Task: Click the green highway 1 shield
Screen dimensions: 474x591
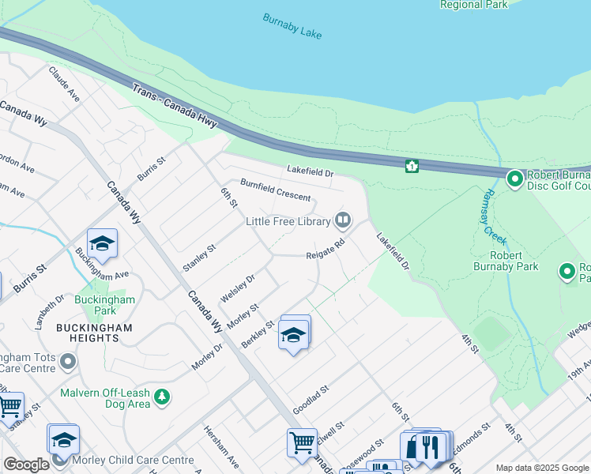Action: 412,166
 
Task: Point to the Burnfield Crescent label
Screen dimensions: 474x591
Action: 276,190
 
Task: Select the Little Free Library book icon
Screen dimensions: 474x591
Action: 343,219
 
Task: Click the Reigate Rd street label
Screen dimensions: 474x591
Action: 326,249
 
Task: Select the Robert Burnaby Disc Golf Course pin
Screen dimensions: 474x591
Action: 515,180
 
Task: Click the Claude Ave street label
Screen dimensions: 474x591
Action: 65,83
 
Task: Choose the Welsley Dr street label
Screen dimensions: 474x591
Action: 238,287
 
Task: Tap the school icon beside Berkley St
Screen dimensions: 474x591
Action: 293,335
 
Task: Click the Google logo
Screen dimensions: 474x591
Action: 26,465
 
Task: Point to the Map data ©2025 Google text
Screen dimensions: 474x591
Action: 540,468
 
